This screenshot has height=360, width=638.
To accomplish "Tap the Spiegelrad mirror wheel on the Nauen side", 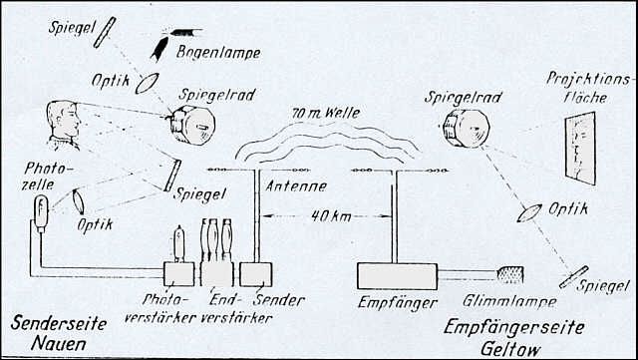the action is [192, 125].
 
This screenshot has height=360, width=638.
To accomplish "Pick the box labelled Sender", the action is [256, 274].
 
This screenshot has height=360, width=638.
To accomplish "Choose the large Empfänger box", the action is [397, 276].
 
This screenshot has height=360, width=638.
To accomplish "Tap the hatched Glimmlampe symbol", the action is [510, 274].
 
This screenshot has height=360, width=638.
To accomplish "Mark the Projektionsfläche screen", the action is [580, 148].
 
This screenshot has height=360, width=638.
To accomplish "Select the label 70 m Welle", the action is [326, 113].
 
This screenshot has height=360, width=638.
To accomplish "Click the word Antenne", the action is [296, 186].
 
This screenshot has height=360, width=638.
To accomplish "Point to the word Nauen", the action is [59, 344].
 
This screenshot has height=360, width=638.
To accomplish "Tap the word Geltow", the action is [510, 349].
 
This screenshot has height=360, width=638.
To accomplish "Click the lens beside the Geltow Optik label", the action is [529, 213].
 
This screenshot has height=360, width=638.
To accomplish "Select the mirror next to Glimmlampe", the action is [574, 277].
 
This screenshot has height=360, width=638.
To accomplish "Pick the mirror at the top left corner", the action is [105, 32].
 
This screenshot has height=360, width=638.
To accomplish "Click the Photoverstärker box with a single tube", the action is [179, 274].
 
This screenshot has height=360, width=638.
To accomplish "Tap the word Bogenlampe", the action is [217, 53].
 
